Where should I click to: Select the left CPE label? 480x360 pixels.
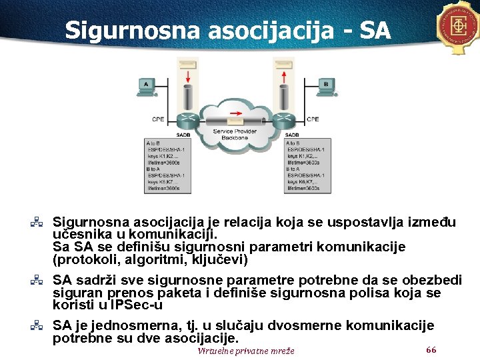(x=158, y=119)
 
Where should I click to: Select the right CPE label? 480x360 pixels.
(x=313, y=119)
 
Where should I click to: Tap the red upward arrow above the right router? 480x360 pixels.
(x=284, y=73)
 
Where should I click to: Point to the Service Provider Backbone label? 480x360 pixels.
(x=235, y=135)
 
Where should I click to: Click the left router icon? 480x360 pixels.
(x=187, y=122)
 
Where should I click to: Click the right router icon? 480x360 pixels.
(x=284, y=122)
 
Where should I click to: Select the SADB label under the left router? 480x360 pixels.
(x=183, y=135)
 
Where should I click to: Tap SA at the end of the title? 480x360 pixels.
(x=374, y=30)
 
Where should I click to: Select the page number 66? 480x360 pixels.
(x=431, y=350)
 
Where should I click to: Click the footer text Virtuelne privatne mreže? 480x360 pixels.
(x=245, y=351)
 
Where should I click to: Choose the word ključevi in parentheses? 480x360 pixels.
(x=217, y=259)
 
